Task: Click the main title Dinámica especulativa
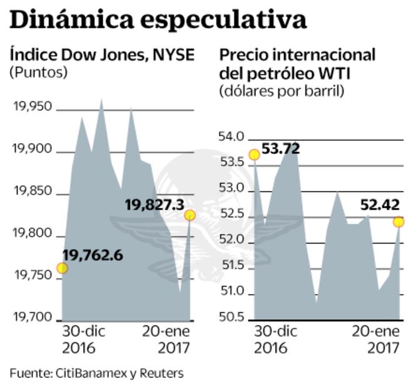158,20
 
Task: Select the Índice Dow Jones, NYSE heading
102,55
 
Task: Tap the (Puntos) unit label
38,73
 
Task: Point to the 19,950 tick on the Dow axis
33,108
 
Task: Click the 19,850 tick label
33,192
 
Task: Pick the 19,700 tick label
33,318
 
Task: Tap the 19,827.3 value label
154,205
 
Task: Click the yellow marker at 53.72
254,155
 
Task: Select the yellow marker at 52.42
399,222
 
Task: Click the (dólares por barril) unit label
282,91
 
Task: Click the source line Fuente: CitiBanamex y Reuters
96,373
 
